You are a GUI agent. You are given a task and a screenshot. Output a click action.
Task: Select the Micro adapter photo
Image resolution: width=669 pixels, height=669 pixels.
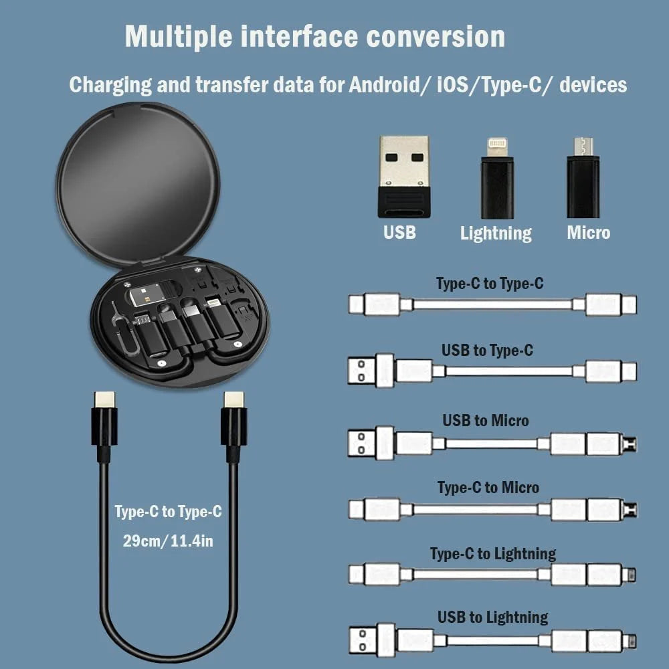click(x=583, y=178)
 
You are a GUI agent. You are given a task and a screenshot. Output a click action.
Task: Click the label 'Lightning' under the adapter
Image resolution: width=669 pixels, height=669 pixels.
click(x=496, y=233)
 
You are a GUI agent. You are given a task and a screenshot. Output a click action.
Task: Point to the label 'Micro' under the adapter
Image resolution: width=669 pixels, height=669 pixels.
click(x=588, y=232)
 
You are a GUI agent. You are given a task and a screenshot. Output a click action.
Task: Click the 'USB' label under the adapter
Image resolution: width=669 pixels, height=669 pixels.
click(x=399, y=232)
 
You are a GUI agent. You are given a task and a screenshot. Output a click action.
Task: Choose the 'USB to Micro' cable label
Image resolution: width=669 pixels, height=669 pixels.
click(x=485, y=421)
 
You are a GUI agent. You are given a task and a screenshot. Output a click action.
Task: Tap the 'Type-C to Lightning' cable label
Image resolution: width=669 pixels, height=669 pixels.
click(x=492, y=554)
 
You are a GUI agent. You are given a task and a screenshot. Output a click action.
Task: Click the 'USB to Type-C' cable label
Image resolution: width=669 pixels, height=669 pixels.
click(x=487, y=350)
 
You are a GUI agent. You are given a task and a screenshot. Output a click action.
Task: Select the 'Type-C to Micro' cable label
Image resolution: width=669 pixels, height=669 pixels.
click(x=488, y=488)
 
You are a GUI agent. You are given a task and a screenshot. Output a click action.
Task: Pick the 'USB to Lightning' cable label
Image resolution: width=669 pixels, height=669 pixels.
click(x=492, y=617)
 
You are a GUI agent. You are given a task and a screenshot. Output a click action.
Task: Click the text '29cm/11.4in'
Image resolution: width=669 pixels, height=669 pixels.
click(x=168, y=541)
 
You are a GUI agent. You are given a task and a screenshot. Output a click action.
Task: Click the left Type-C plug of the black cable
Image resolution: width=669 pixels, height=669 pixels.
click(x=104, y=421)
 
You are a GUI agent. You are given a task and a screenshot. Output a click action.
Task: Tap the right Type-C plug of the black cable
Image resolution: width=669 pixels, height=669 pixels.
click(x=233, y=421)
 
